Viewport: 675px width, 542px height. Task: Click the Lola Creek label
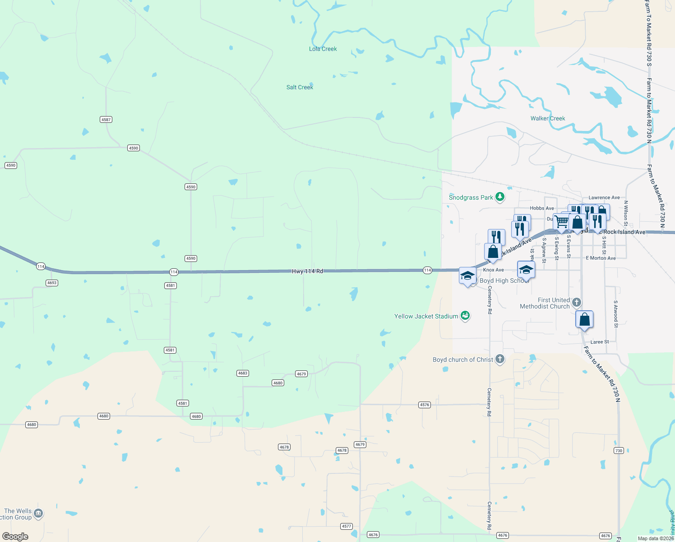pos(323,49)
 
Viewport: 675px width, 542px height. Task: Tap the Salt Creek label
pos(300,87)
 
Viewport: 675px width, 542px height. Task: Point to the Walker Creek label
pos(548,118)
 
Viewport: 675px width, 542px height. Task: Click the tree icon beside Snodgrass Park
pos(499,197)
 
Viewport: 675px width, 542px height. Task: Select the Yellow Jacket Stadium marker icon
pos(465,316)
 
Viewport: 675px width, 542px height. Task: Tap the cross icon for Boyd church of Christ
pos(499,359)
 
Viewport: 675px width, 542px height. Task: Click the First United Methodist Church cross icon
pos(576,302)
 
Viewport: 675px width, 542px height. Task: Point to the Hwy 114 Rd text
pos(307,271)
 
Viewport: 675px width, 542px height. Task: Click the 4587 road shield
pos(106,120)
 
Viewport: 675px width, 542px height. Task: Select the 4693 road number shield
pos(52,283)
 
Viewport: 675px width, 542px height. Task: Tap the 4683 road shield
pos(243,373)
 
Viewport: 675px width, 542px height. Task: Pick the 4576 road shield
pos(425,405)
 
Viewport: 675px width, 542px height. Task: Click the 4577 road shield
pos(346,526)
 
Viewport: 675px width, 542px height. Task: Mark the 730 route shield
pos(619,451)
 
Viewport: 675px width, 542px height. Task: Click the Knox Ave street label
pos(493,270)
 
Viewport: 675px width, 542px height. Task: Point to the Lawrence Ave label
pos(604,197)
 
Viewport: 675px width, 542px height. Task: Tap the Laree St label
pos(600,342)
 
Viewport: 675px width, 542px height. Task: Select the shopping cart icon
pos(562,221)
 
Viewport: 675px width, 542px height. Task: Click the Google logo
pos(15,537)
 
